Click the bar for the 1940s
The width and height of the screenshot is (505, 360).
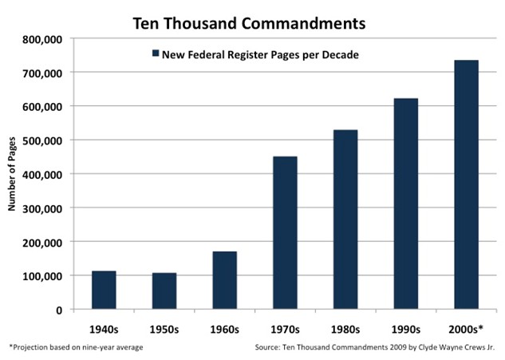pyautogui.click(x=104, y=290)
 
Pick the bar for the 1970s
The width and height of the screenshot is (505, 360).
pyautogui.click(x=285, y=232)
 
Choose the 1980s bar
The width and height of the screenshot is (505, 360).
pyautogui.click(x=345, y=219)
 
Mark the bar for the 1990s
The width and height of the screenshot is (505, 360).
pyautogui.click(x=405, y=204)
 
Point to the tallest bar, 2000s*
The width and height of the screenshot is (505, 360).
pyautogui.click(x=466, y=184)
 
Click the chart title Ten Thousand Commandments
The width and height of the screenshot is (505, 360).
pyautogui.click(x=249, y=22)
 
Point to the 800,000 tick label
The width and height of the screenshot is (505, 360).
pyautogui.click(x=44, y=38)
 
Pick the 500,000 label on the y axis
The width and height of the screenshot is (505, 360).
pyautogui.click(x=44, y=140)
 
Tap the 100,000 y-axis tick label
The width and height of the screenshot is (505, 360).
pyautogui.click(x=44, y=275)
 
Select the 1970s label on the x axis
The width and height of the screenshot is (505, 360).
pyautogui.click(x=285, y=327)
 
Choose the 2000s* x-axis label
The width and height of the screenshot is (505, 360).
pyautogui.click(x=466, y=327)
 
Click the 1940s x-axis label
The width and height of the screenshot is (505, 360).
pyautogui.click(x=104, y=327)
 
